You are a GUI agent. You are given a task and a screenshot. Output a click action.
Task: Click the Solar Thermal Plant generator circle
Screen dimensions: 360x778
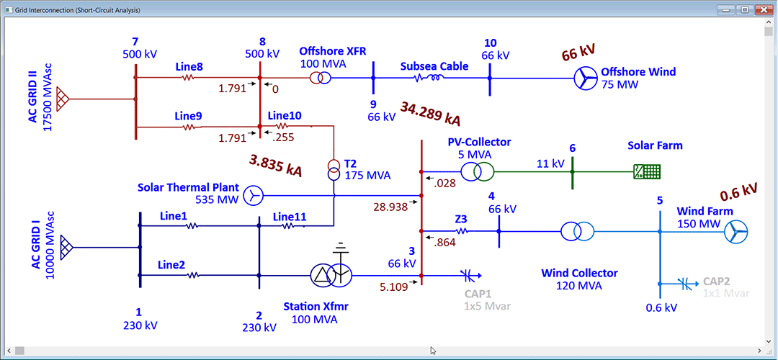point(253,194)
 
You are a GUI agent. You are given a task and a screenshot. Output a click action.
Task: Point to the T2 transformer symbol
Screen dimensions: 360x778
point(334,169)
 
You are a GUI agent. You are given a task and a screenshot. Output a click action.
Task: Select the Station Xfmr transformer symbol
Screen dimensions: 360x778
point(331,274)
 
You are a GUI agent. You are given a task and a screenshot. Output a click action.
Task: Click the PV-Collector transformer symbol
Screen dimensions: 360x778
point(478,172)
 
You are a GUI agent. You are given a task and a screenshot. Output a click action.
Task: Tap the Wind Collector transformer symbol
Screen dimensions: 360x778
point(578,231)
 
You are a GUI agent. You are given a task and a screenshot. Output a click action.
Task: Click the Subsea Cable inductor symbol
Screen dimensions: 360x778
point(434,78)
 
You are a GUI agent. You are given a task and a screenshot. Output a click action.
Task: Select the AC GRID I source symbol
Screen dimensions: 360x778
point(66,247)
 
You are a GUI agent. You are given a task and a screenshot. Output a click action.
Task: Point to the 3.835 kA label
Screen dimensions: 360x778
point(275,166)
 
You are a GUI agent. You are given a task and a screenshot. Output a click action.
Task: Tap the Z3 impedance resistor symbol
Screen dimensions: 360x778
point(461,231)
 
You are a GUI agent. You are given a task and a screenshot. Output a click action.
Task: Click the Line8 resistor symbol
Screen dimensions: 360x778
point(189,78)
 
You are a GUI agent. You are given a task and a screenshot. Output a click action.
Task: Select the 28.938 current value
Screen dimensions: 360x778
point(390,206)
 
